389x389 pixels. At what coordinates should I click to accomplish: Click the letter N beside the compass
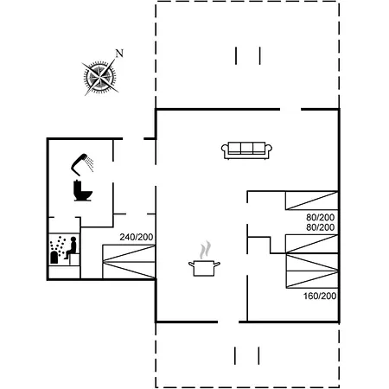(119, 54)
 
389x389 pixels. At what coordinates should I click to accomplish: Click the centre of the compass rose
(100, 77)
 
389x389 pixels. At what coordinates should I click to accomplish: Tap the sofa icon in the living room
(246, 150)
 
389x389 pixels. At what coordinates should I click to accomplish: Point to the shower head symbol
(80, 163)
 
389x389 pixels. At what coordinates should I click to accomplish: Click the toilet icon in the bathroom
(83, 190)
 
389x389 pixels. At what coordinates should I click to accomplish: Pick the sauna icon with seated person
(64, 250)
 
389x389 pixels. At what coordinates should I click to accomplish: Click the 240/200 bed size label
(137, 237)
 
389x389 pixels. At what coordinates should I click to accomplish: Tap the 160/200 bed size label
(320, 296)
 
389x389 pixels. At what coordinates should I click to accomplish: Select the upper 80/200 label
(320, 217)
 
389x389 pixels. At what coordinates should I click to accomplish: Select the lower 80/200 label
(320, 227)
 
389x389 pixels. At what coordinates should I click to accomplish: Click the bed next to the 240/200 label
(129, 262)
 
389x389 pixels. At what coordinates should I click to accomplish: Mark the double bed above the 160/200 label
(312, 271)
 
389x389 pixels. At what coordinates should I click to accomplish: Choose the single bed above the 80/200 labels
(312, 201)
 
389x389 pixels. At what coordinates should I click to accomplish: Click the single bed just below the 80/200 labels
(312, 244)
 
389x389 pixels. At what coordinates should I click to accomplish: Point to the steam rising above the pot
(205, 250)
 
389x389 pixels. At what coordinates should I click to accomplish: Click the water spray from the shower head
(90, 164)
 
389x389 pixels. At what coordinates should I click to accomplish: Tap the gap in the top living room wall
(290, 110)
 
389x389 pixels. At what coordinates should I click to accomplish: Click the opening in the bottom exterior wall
(228, 322)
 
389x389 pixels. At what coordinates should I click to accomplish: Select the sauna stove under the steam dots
(54, 258)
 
